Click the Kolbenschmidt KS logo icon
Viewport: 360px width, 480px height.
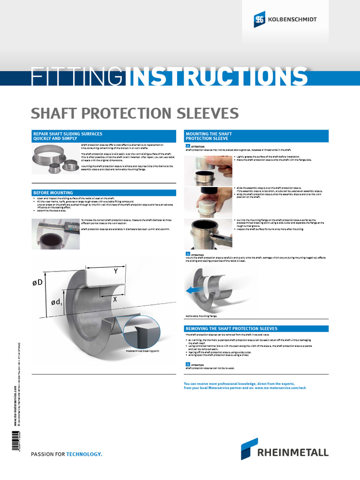259,20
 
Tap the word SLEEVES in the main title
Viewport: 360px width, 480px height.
204,113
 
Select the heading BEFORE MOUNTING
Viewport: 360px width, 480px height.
52,193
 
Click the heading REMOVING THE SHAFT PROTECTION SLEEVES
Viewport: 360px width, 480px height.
232,329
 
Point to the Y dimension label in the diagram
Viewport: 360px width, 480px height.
115,271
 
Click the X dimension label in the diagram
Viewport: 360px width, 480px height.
114,299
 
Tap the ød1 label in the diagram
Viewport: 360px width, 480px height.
56,304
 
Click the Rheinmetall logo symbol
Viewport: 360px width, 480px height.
249,449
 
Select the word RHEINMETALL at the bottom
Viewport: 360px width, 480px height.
293,452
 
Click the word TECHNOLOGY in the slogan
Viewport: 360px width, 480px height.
84,454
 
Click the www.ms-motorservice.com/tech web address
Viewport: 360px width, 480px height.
280,389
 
